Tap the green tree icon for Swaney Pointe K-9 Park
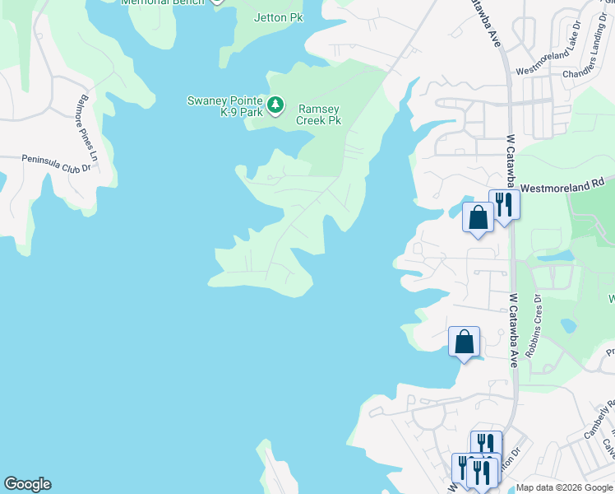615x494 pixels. (x=276, y=105)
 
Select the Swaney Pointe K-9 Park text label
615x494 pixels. (x=224, y=106)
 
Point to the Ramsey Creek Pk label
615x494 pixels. (x=319, y=114)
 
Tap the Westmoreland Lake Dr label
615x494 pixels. (x=552, y=64)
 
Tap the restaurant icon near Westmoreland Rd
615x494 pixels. (x=503, y=203)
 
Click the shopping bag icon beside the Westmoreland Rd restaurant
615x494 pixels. (x=478, y=217)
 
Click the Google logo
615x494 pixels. (x=27, y=484)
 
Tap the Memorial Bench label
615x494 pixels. (x=161, y=2)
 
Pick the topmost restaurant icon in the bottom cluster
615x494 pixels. (x=486, y=445)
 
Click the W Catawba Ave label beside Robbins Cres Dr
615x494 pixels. (x=513, y=330)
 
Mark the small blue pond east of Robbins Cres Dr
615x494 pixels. (x=568, y=324)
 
